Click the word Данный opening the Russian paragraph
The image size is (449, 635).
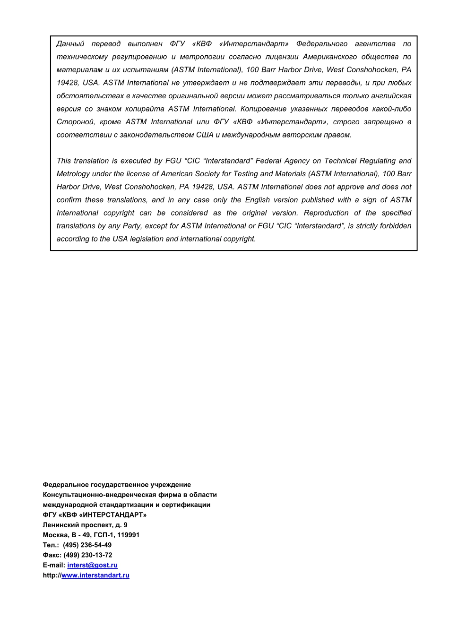70,44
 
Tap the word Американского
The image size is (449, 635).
329,57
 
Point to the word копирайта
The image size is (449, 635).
145,109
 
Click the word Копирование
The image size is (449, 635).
263,109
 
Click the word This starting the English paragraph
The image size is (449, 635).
64,161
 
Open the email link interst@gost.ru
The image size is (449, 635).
92,565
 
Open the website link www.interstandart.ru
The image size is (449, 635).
95,575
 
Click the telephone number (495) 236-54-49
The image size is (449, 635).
87,545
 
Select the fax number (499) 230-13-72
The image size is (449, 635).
88,555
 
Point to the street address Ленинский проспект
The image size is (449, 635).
78,525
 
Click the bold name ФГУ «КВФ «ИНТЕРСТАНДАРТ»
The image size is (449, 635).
95,515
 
